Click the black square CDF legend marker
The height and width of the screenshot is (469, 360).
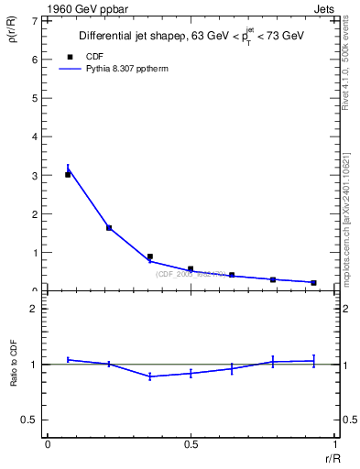[70, 57]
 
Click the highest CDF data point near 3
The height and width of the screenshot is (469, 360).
[68, 174]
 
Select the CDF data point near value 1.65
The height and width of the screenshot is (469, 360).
[109, 227]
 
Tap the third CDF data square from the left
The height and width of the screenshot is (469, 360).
[150, 256]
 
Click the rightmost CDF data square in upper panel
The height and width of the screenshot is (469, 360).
[313, 282]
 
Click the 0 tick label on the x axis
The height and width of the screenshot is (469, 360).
[48, 444]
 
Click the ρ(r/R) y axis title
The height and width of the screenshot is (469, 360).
[14, 36]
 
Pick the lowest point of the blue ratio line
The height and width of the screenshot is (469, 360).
[150, 376]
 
